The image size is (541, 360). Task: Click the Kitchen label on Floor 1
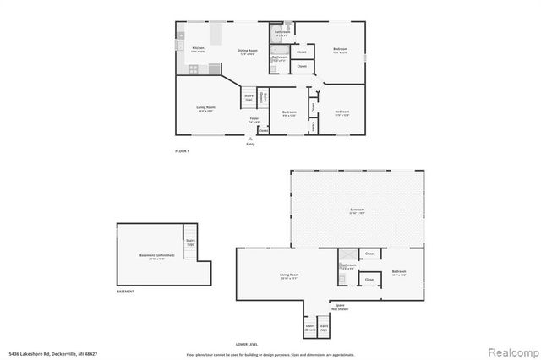[x=198, y=50]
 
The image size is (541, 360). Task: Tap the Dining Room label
[x=248, y=52]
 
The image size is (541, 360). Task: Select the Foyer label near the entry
[x=253, y=120]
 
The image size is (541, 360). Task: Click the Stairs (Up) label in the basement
[x=191, y=242]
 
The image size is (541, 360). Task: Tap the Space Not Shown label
[x=340, y=306]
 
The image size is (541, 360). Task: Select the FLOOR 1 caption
[x=182, y=150]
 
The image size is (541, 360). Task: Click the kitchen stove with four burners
[x=194, y=69]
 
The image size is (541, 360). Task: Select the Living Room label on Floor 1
[x=205, y=108]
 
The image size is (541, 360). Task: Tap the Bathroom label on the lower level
[x=348, y=266]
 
